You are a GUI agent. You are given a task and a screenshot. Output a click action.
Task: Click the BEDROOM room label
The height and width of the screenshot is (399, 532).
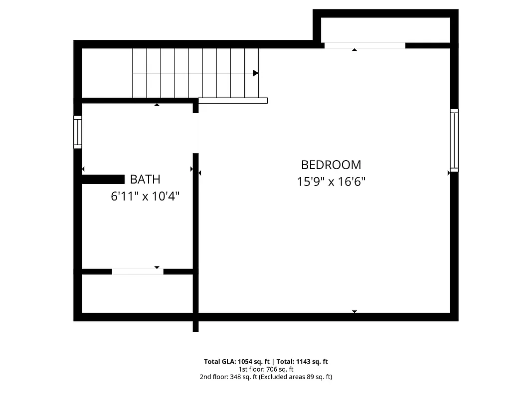click(x=331, y=165)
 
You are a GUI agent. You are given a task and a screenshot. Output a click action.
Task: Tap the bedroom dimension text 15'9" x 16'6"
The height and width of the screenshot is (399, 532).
click(x=331, y=182)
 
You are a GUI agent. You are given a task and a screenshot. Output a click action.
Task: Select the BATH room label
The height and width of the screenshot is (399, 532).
click(x=145, y=179)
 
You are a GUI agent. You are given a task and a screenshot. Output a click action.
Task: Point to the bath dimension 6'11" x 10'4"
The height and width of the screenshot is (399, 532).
click(x=145, y=196)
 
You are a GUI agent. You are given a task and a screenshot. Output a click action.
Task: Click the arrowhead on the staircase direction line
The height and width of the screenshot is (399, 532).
click(x=256, y=73)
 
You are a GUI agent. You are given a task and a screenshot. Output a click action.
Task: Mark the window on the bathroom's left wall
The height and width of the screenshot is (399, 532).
click(x=78, y=132)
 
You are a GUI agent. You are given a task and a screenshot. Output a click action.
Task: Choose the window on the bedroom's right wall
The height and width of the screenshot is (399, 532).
click(x=454, y=140)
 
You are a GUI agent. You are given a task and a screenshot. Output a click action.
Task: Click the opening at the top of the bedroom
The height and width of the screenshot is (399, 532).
click(x=364, y=46)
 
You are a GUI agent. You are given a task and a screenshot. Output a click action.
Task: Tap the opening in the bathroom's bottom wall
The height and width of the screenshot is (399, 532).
click(x=138, y=271)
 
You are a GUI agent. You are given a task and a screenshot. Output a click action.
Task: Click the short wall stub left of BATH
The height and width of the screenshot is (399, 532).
click(x=103, y=180)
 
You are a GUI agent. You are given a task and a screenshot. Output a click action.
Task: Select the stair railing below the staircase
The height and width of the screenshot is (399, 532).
click(x=233, y=100)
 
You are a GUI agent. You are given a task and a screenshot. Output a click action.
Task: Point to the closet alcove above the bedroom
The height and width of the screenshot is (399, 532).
click(x=385, y=30)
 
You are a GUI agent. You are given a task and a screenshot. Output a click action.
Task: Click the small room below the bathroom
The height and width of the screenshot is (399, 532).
click(x=137, y=293)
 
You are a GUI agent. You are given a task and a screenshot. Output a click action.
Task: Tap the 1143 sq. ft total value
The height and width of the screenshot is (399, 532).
click(x=312, y=362)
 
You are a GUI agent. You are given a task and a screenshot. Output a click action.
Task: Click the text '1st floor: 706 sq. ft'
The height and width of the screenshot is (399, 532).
click(x=266, y=370)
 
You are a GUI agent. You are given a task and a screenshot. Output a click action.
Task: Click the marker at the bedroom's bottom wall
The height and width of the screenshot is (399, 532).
click(x=355, y=312)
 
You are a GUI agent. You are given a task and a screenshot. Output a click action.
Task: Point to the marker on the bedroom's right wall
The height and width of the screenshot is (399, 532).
click(x=449, y=173)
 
